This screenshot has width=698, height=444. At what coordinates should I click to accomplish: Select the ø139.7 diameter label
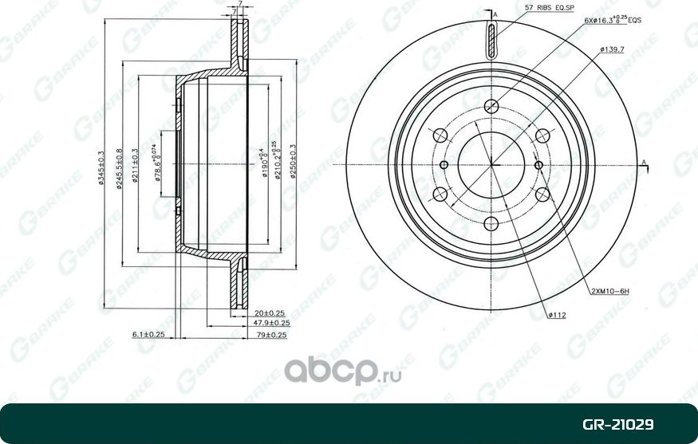point(613,49)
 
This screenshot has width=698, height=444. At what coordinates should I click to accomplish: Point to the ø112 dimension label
point(557,316)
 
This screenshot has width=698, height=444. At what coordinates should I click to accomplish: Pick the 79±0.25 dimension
point(270,335)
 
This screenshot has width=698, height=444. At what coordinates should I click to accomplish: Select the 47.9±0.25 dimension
point(270,324)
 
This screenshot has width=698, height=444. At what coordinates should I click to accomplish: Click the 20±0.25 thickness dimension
point(270,312)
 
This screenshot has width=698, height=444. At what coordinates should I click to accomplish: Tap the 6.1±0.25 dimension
point(148,335)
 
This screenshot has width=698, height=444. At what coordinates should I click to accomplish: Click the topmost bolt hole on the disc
point(491,105)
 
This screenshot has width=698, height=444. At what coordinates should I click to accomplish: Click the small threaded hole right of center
point(540,165)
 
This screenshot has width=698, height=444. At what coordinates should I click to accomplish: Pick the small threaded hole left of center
point(444,165)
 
